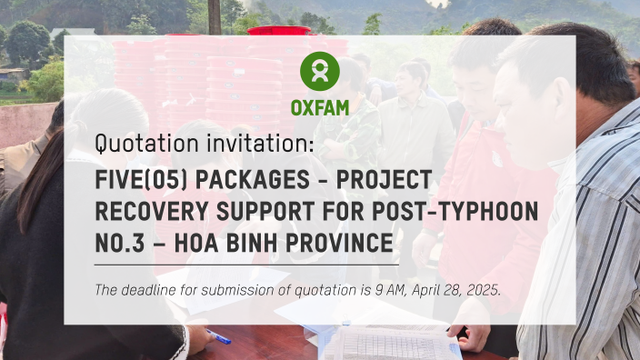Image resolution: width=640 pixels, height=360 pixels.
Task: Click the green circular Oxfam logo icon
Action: click(320, 70)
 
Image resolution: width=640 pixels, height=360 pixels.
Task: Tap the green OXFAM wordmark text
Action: click(320, 107)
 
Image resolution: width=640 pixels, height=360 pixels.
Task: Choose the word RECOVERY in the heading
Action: click(149, 211)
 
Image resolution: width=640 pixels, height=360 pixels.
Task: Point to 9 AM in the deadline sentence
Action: click(372, 290)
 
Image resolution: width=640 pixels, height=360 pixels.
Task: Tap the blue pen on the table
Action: click(219, 337)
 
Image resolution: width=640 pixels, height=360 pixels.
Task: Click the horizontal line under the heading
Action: click(246, 265)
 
